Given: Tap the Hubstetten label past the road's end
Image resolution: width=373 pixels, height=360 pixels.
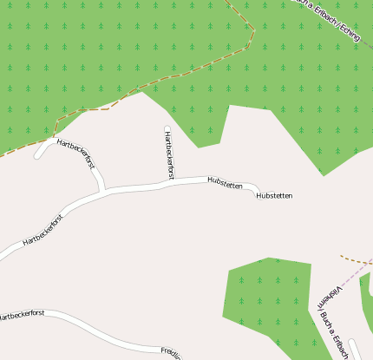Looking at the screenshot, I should (x=274, y=196).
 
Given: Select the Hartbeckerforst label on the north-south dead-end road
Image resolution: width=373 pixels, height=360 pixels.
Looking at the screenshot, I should (x=169, y=154).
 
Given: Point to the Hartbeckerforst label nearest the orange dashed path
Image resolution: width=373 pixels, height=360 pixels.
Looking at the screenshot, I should (x=75, y=151).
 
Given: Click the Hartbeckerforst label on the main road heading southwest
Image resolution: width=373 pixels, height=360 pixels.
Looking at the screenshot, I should (x=43, y=228).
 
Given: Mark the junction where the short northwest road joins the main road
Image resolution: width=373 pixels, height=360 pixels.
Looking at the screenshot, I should (x=103, y=191).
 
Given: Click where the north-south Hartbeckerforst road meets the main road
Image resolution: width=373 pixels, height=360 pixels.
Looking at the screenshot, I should (x=168, y=183).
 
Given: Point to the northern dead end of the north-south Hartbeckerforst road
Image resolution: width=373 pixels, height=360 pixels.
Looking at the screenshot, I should (x=167, y=129).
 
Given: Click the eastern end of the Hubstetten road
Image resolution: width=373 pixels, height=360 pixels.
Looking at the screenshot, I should (x=258, y=189).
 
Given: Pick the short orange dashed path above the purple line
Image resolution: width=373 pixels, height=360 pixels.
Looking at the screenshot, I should (x=356, y=259).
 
